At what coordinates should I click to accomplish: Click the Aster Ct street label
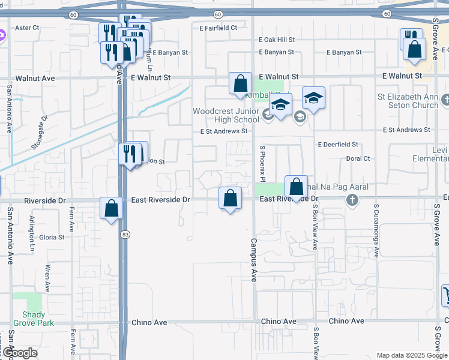[26, 28]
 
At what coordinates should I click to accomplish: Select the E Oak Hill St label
[277, 40]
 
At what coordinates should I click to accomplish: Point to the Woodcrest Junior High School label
[226, 115]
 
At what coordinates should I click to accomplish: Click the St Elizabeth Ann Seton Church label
[408, 101]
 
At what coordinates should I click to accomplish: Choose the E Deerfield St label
[338, 145]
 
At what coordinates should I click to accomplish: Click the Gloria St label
[52, 238]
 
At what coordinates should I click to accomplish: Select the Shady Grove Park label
[38, 319]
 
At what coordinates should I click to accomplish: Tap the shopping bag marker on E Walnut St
[240, 83]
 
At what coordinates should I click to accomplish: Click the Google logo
[19, 353]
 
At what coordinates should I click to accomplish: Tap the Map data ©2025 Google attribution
[412, 355]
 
